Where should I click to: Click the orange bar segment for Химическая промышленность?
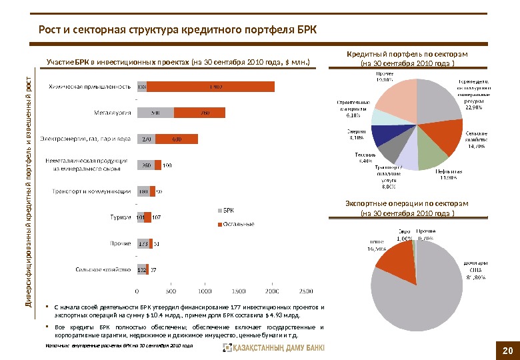pyautogui.click(x=211, y=87)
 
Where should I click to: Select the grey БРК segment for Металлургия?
pyautogui.click(x=155, y=113)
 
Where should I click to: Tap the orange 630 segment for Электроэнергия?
pyautogui.click(x=177, y=139)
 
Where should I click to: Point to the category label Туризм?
pyautogui.click(x=120, y=217)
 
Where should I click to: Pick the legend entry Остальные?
pyautogui.click(x=238, y=224)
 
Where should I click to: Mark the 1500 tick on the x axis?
pyautogui.click(x=238, y=291)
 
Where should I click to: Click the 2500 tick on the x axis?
pyautogui.click(x=305, y=291)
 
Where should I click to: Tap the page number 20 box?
pyautogui.click(x=507, y=349)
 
